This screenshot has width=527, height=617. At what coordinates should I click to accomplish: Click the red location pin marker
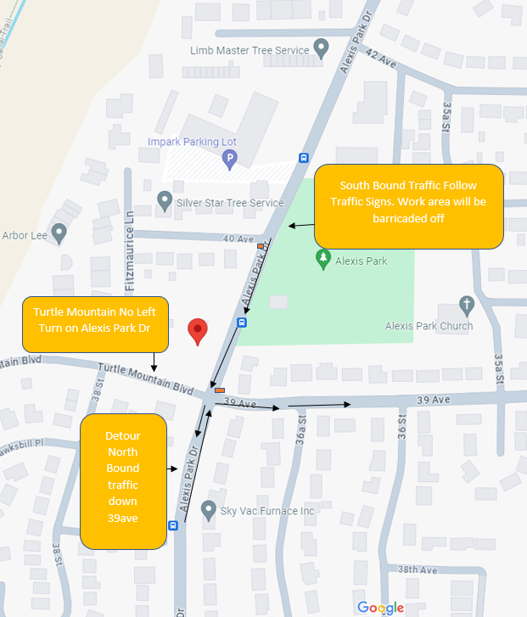coord(198,330)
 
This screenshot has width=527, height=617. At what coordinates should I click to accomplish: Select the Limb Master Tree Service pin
coord(321,48)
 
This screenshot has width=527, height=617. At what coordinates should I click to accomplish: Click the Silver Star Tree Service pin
coord(165,201)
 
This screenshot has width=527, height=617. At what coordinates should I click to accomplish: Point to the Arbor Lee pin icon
coord(59,233)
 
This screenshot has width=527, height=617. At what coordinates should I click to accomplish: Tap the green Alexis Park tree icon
coord(322,258)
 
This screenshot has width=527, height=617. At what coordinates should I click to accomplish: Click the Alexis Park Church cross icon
coord(466,305)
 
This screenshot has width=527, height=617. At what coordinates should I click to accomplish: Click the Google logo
coord(380,607)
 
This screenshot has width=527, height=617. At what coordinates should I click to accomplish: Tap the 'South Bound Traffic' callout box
coord(408,206)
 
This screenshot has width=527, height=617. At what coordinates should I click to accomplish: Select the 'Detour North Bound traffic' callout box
coord(122,481)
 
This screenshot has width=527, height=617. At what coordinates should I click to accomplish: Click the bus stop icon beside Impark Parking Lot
coord(303,157)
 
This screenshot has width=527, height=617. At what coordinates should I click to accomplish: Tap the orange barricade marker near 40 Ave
coord(260,246)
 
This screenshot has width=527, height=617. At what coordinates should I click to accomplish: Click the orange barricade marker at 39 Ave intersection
coord(220,390)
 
